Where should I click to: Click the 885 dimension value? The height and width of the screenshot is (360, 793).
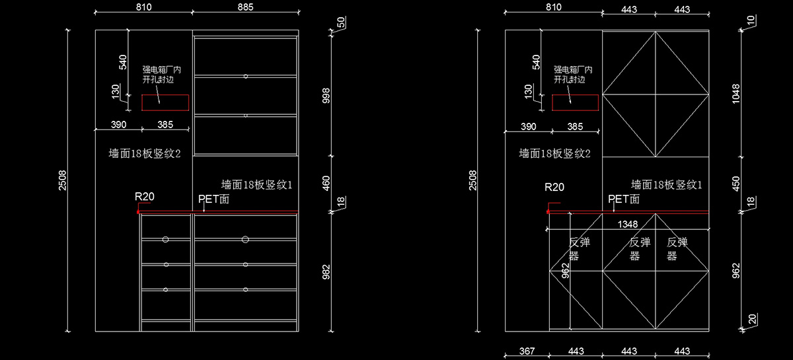click(245, 7)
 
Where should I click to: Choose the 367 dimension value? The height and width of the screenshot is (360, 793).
click(527, 351)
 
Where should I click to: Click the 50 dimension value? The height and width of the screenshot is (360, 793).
click(341, 23)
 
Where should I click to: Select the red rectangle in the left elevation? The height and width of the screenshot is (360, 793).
click(165, 102)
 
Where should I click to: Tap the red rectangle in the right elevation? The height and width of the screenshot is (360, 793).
click(576, 102)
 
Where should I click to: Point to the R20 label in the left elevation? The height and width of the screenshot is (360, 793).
click(145, 196)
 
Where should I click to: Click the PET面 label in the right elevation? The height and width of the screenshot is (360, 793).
click(624, 199)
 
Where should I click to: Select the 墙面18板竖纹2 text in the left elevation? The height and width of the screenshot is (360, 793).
click(145, 154)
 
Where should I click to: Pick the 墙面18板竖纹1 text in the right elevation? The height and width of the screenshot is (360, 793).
click(666, 184)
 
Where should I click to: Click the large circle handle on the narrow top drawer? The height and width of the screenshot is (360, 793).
click(166, 238)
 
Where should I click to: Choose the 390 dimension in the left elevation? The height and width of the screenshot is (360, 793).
click(118, 125)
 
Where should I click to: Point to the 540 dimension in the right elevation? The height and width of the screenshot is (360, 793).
click(536, 62)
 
